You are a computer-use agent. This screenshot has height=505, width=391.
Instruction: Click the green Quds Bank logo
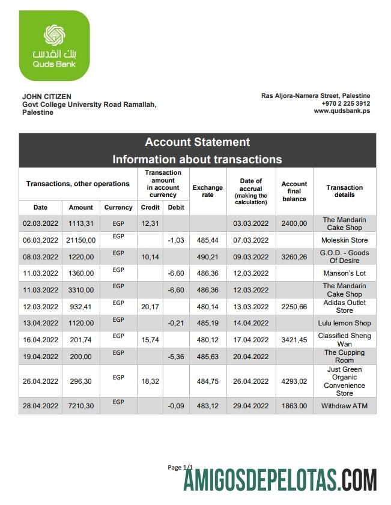[54, 46]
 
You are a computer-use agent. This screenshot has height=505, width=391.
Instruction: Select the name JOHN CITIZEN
[47, 96]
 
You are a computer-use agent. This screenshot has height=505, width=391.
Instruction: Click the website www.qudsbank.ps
[342, 111]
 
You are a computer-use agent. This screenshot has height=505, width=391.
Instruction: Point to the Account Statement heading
[197, 142]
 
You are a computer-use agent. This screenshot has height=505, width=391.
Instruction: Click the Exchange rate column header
[207, 191]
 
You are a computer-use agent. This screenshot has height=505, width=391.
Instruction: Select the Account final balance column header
[294, 191]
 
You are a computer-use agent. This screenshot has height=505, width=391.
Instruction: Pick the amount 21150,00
[80, 240]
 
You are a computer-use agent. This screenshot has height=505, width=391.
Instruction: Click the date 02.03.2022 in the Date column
[40, 223]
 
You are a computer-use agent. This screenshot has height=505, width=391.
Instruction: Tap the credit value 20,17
[150, 307]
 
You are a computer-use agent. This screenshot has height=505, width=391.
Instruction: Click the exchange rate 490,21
[207, 257]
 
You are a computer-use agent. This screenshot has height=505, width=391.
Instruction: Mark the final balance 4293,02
[294, 381]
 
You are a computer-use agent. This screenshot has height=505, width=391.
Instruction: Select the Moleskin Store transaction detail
[344, 240]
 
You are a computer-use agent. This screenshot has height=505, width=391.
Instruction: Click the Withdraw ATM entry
[344, 406]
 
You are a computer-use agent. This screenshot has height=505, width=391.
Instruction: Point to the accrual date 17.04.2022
[250, 339]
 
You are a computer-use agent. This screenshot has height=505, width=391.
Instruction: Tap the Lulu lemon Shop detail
[344, 323]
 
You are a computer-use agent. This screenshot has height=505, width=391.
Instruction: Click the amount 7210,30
[80, 406]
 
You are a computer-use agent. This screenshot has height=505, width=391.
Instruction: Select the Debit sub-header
[177, 207]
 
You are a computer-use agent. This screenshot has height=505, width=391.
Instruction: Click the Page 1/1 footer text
[180, 467]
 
